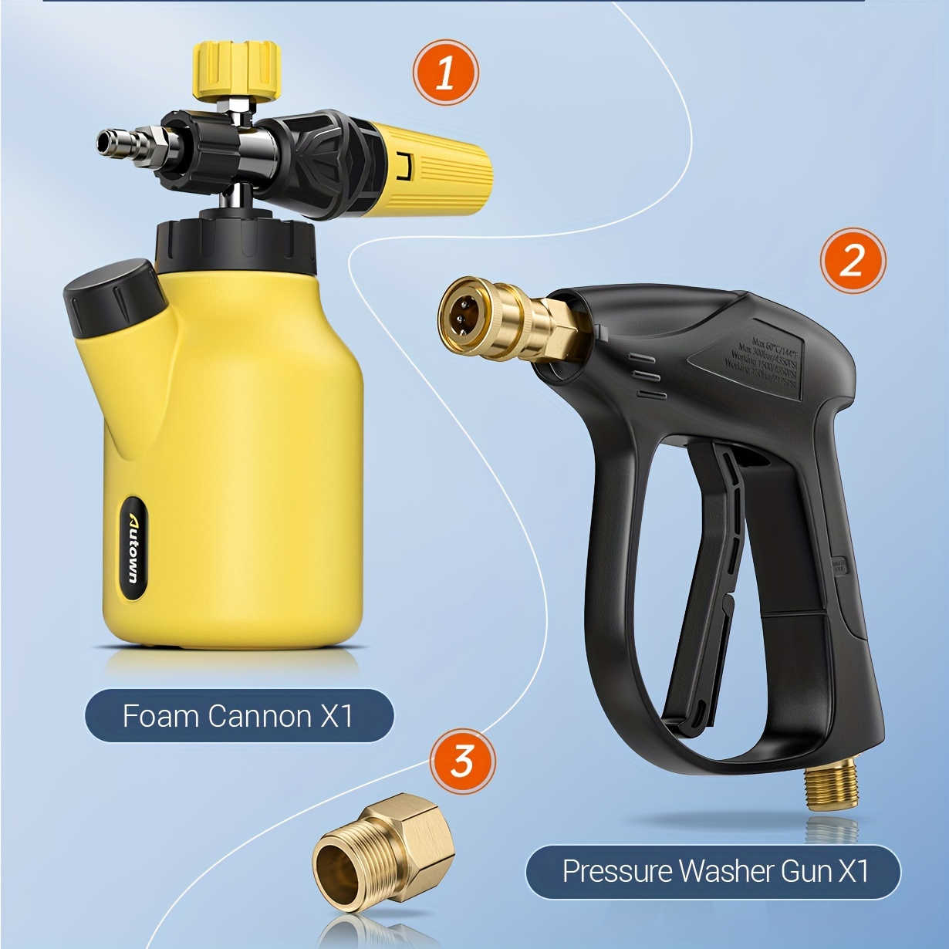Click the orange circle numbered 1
tap(445, 73)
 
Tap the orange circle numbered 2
tap(852, 261)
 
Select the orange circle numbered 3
tap(462, 761)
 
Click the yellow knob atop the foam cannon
tap(235, 69)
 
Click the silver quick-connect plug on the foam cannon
tap(123, 141)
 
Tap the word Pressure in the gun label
tap(617, 872)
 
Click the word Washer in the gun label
tap(726, 872)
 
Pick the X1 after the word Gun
tap(853, 872)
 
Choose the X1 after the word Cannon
tap(336, 716)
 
